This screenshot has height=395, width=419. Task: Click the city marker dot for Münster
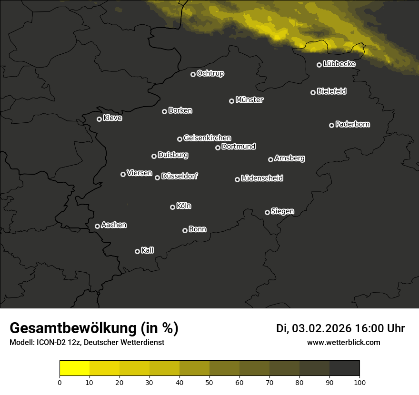(232, 101)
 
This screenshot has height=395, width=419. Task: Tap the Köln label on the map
(184, 206)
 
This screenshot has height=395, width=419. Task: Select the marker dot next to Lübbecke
(319, 65)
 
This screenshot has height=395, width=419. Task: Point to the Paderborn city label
(353, 124)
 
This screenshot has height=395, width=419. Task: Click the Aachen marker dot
(98, 226)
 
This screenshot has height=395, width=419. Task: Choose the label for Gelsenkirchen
(207, 138)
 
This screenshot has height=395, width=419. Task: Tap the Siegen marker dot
(267, 212)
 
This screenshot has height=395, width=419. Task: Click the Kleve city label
(112, 118)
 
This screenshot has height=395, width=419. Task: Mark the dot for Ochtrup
(193, 74)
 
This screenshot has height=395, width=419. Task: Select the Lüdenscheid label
(262, 178)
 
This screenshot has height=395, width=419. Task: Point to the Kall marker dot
(138, 251)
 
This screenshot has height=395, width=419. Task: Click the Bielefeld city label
(331, 91)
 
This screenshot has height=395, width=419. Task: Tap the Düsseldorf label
(180, 176)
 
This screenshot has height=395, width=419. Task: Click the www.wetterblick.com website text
(343, 342)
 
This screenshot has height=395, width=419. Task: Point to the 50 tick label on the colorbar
(209, 382)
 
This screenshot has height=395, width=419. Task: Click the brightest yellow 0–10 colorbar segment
(75, 368)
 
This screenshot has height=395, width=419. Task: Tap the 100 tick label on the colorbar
(359, 382)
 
